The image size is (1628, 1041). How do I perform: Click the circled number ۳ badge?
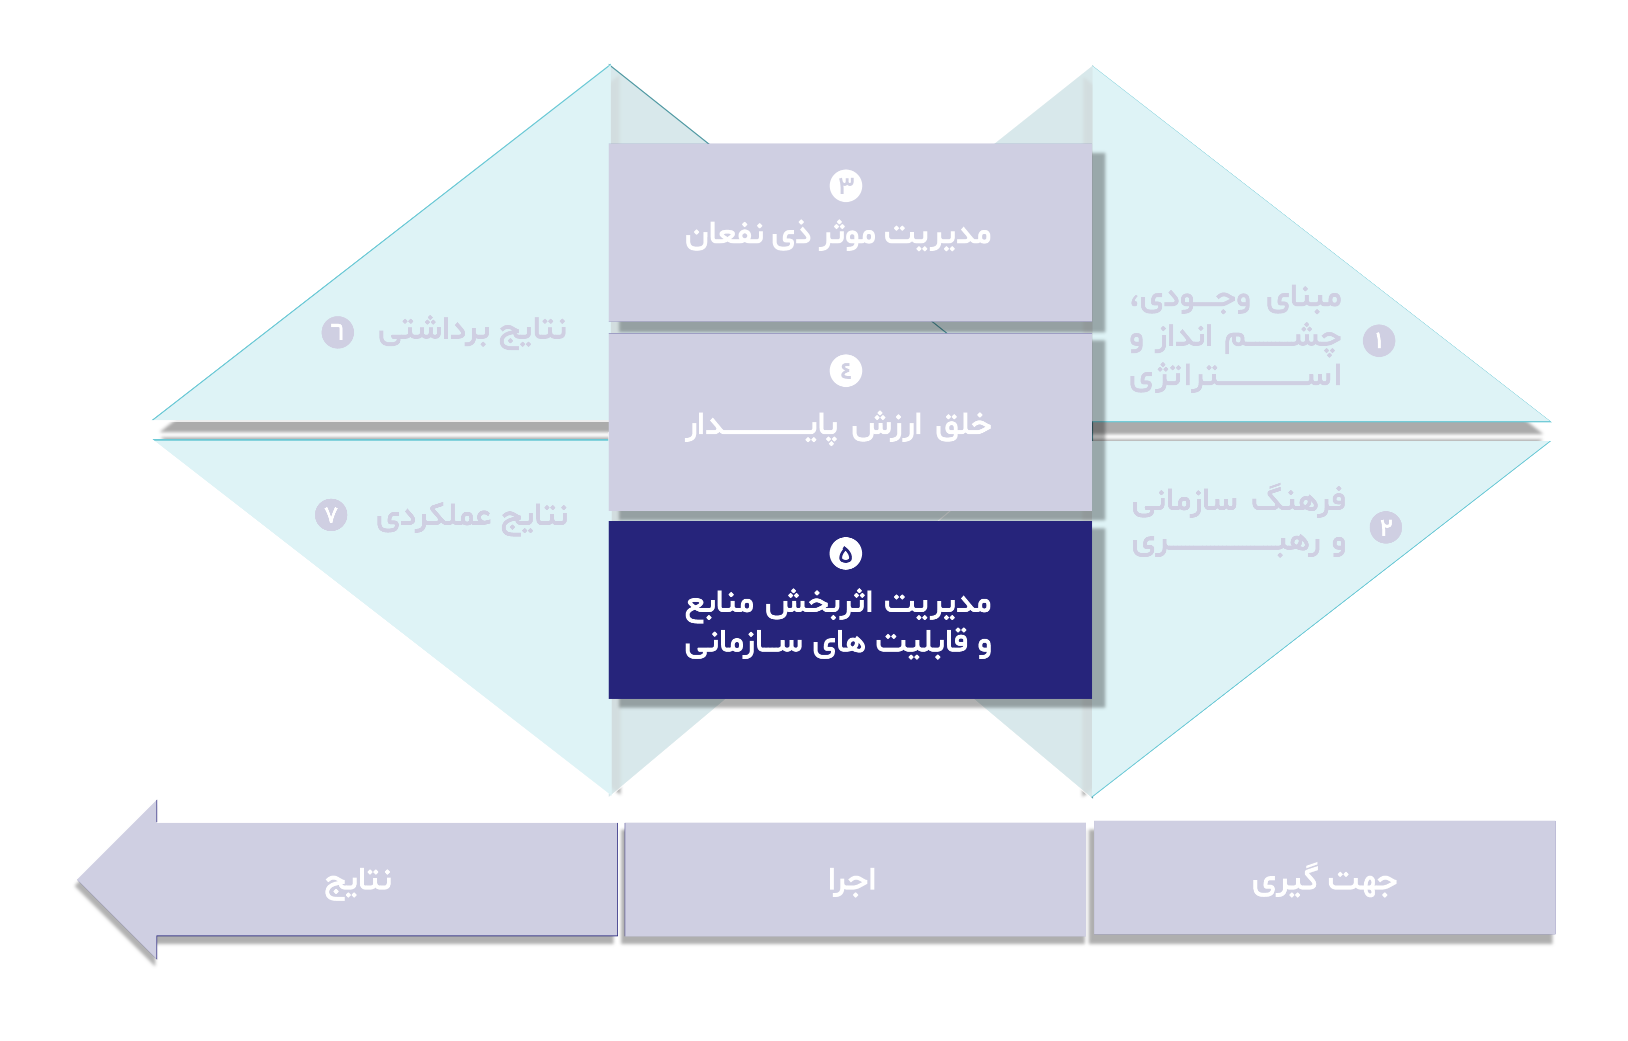(845, 185)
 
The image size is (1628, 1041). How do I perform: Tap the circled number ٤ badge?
(845, 370)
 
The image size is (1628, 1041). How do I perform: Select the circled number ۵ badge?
(845, 554)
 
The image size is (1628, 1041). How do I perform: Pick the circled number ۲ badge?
(1385, 527)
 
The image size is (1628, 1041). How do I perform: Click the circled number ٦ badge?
(337, 332)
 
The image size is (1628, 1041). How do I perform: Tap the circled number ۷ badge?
(331, 515)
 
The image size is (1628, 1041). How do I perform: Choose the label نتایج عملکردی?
(472, 516)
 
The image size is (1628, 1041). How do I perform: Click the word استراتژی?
(1235, 376)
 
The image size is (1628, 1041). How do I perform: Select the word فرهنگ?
(1298, 501)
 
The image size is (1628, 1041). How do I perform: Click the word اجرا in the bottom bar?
(852, 881)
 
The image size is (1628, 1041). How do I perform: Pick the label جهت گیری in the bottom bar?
(1324, 881)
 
